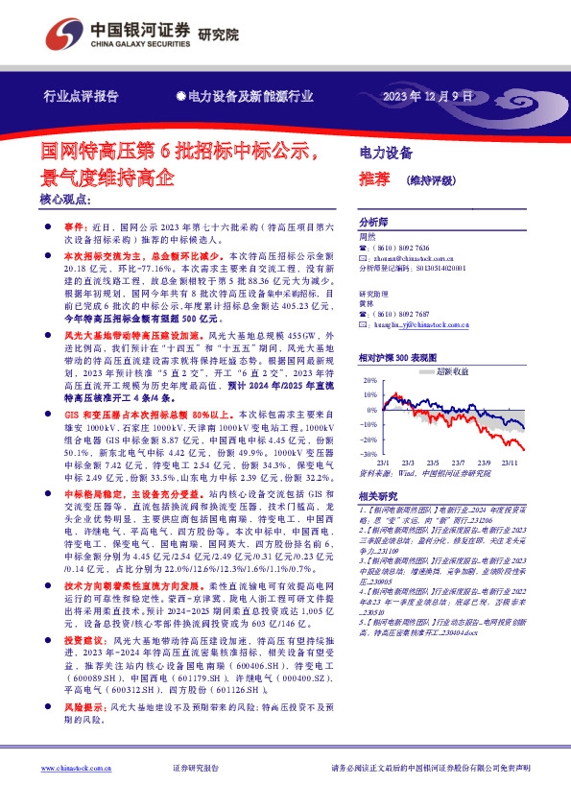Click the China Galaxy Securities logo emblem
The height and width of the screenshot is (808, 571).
(62, 36)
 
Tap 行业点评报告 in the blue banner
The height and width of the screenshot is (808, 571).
(81, 97)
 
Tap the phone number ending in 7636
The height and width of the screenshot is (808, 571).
(402, 247)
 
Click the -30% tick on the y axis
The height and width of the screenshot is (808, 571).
(369, 453)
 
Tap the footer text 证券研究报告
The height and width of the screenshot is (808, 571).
(196, 768)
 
